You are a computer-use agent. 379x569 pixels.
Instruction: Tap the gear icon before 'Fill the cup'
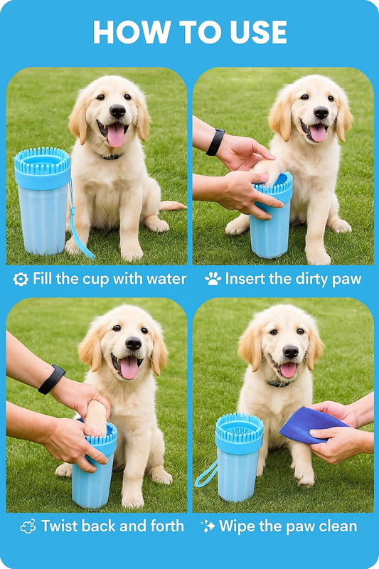[21, 279]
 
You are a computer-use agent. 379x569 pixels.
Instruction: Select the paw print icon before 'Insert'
[213, 279]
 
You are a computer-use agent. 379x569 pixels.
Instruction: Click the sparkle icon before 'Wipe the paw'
[208, 526]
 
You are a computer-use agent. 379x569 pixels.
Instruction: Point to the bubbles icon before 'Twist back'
[28, 527]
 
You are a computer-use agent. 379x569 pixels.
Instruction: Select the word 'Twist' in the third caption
[60, 526]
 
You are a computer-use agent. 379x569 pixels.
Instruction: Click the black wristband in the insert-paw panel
[215, 142]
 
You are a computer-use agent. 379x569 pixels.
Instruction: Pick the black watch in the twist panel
[51, 379]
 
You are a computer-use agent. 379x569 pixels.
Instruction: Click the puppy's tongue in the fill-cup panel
[116, 135]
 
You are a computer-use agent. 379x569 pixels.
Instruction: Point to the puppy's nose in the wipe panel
[290, 351]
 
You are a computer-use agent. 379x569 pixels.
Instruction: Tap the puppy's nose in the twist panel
[133, 344]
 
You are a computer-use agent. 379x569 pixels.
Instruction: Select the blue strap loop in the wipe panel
[205, 473]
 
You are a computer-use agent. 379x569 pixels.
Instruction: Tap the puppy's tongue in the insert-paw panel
[317, 132]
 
